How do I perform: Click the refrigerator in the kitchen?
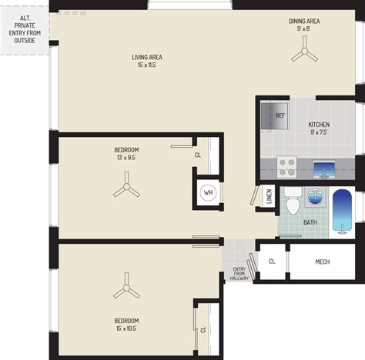(275, 116)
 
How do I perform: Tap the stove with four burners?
(286, 167)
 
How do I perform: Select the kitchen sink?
(324, 169)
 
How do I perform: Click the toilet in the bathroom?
(293, 201)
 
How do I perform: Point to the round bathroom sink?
(315, 197)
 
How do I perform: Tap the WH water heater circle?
(208, 192)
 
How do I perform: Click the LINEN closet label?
(269, 196)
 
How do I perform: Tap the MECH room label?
(323, 262)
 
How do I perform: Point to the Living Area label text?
(147, 57)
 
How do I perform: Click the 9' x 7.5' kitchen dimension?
(319, 132)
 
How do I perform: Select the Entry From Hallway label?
(239, 274)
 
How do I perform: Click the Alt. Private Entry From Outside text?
(25, 29)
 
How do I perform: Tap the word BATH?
(310, 222)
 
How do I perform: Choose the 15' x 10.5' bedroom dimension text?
(126, 328)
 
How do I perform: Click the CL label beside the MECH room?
(272, 262)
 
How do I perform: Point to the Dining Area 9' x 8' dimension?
(303, 28)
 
